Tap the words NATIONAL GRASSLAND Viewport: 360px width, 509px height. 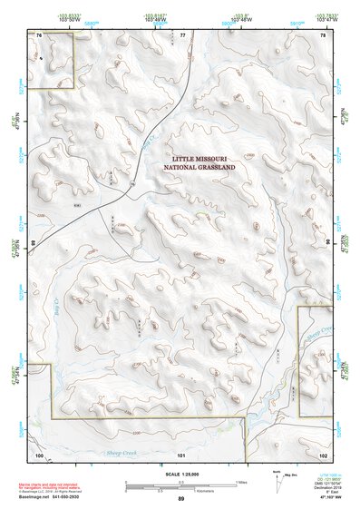click(199, 168)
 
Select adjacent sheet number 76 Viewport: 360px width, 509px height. click(39, 34)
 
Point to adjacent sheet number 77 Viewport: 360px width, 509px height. click(182, 34)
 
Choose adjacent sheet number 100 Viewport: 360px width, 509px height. click(39, 453)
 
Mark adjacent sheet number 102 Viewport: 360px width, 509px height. click(324, 453)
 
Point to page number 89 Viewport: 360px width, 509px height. click(180, 499)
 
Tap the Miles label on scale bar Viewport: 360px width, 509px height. click(239, 482)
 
